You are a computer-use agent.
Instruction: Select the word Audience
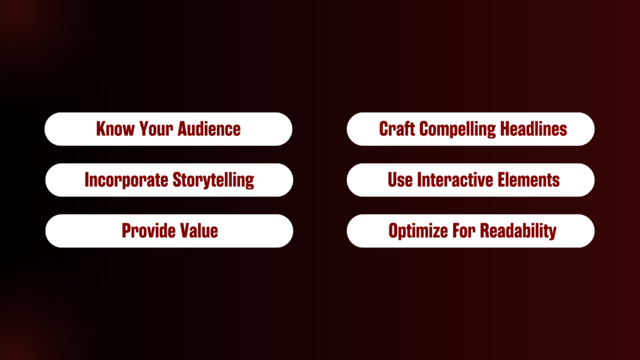(x=209, y=129)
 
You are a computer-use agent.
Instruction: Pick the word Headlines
(x=534, y=129)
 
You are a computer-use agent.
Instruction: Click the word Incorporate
(x=126, y=181)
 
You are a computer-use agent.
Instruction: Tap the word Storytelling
(x=214, y=181)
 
